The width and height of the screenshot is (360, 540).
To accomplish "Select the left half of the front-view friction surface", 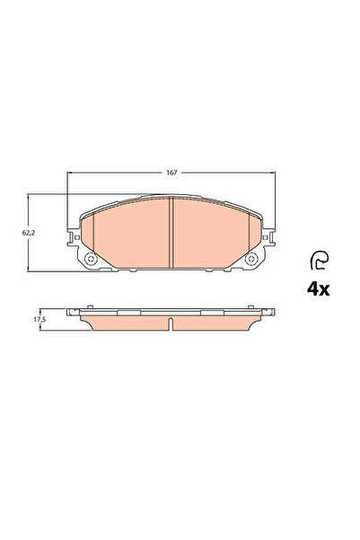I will tap(130, 234).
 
